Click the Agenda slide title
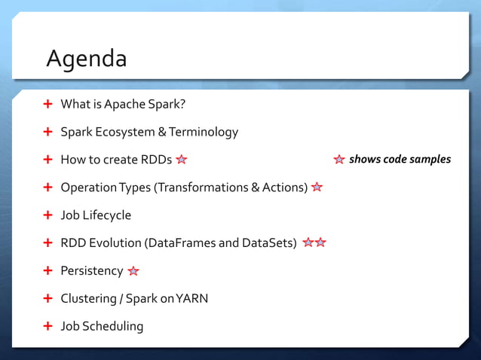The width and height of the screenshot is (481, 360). tap(86, 58)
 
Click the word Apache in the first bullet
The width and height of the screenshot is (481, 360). tap(124, 104)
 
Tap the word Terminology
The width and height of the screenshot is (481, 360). tap(203, 132)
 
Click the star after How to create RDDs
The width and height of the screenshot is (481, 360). tap(182, 160)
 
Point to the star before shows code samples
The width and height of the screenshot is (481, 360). tap(339, 160)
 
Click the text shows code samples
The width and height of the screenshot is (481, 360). tap(400, 159)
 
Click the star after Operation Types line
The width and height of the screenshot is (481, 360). tap(317, 188)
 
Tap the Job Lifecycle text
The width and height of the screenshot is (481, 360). tap(96, 215)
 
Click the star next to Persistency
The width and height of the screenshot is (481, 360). tap(133, 271)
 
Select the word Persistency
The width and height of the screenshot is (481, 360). tap(91, 270)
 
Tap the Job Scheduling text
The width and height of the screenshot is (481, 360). tap(102, 326)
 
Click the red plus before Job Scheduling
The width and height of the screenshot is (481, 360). tap(47, 326)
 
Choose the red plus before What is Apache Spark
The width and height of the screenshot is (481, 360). tap(47, 104)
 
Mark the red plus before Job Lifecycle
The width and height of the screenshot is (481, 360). tap(47, 215)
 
